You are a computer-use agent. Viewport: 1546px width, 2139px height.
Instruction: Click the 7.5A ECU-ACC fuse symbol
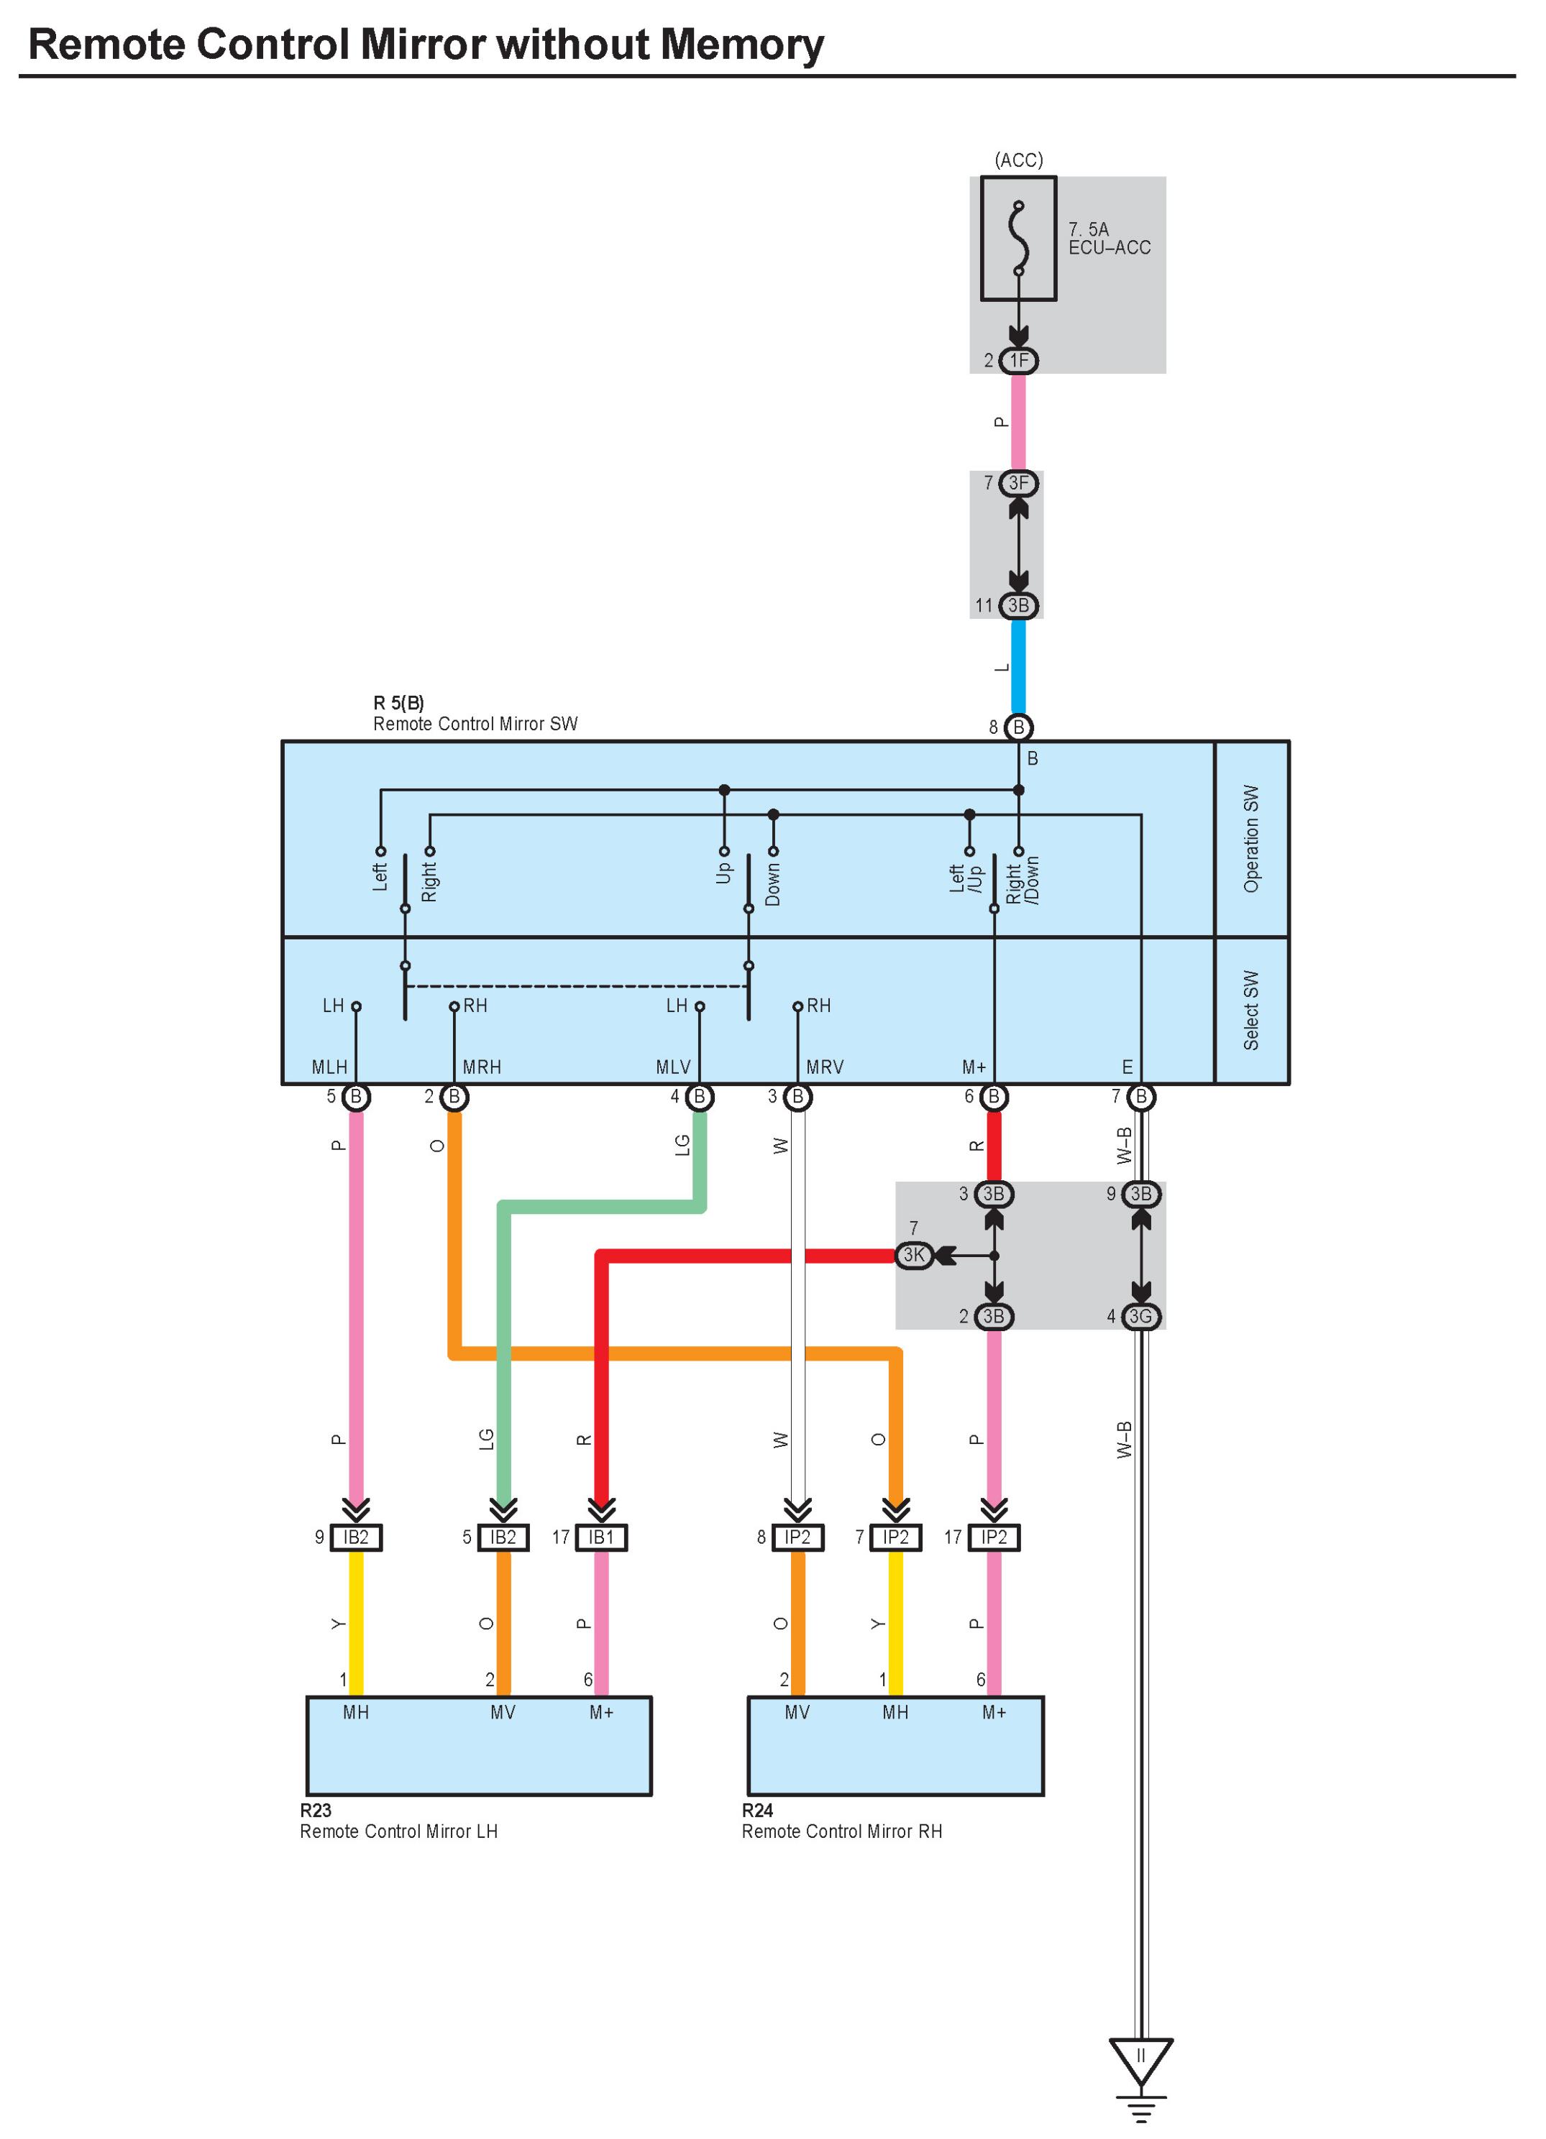pos(1019,239)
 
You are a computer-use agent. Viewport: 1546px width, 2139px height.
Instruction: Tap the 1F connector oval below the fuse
pos(1019,360)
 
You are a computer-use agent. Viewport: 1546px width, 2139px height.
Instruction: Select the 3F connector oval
pos(1019,484)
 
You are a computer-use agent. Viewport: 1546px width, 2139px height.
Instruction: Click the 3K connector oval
pos(914,1255)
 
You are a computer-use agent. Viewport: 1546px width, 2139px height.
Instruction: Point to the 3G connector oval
pos(1140,1317)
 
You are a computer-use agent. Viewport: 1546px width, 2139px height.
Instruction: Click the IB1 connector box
pos(601,1537)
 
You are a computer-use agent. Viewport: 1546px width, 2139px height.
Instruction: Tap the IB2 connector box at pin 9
pos(356,1537)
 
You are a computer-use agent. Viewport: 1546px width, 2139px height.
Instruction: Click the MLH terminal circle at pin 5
pos(357,1097)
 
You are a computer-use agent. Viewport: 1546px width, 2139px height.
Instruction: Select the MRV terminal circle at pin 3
pos(798,1097)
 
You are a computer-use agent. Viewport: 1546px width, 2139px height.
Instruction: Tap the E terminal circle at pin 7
pos(1141,1097)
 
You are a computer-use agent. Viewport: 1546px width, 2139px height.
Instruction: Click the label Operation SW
pos(1250,839)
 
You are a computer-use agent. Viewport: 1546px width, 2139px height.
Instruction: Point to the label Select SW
pos(1250,1010)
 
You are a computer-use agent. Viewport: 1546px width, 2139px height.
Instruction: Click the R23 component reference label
pos(316,1810)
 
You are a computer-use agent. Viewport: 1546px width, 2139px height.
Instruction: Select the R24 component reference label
pos(757,1810)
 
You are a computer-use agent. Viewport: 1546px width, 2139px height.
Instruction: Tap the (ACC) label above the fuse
pos(1019,160)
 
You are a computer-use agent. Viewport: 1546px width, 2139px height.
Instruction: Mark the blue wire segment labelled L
pos(1019,667)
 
